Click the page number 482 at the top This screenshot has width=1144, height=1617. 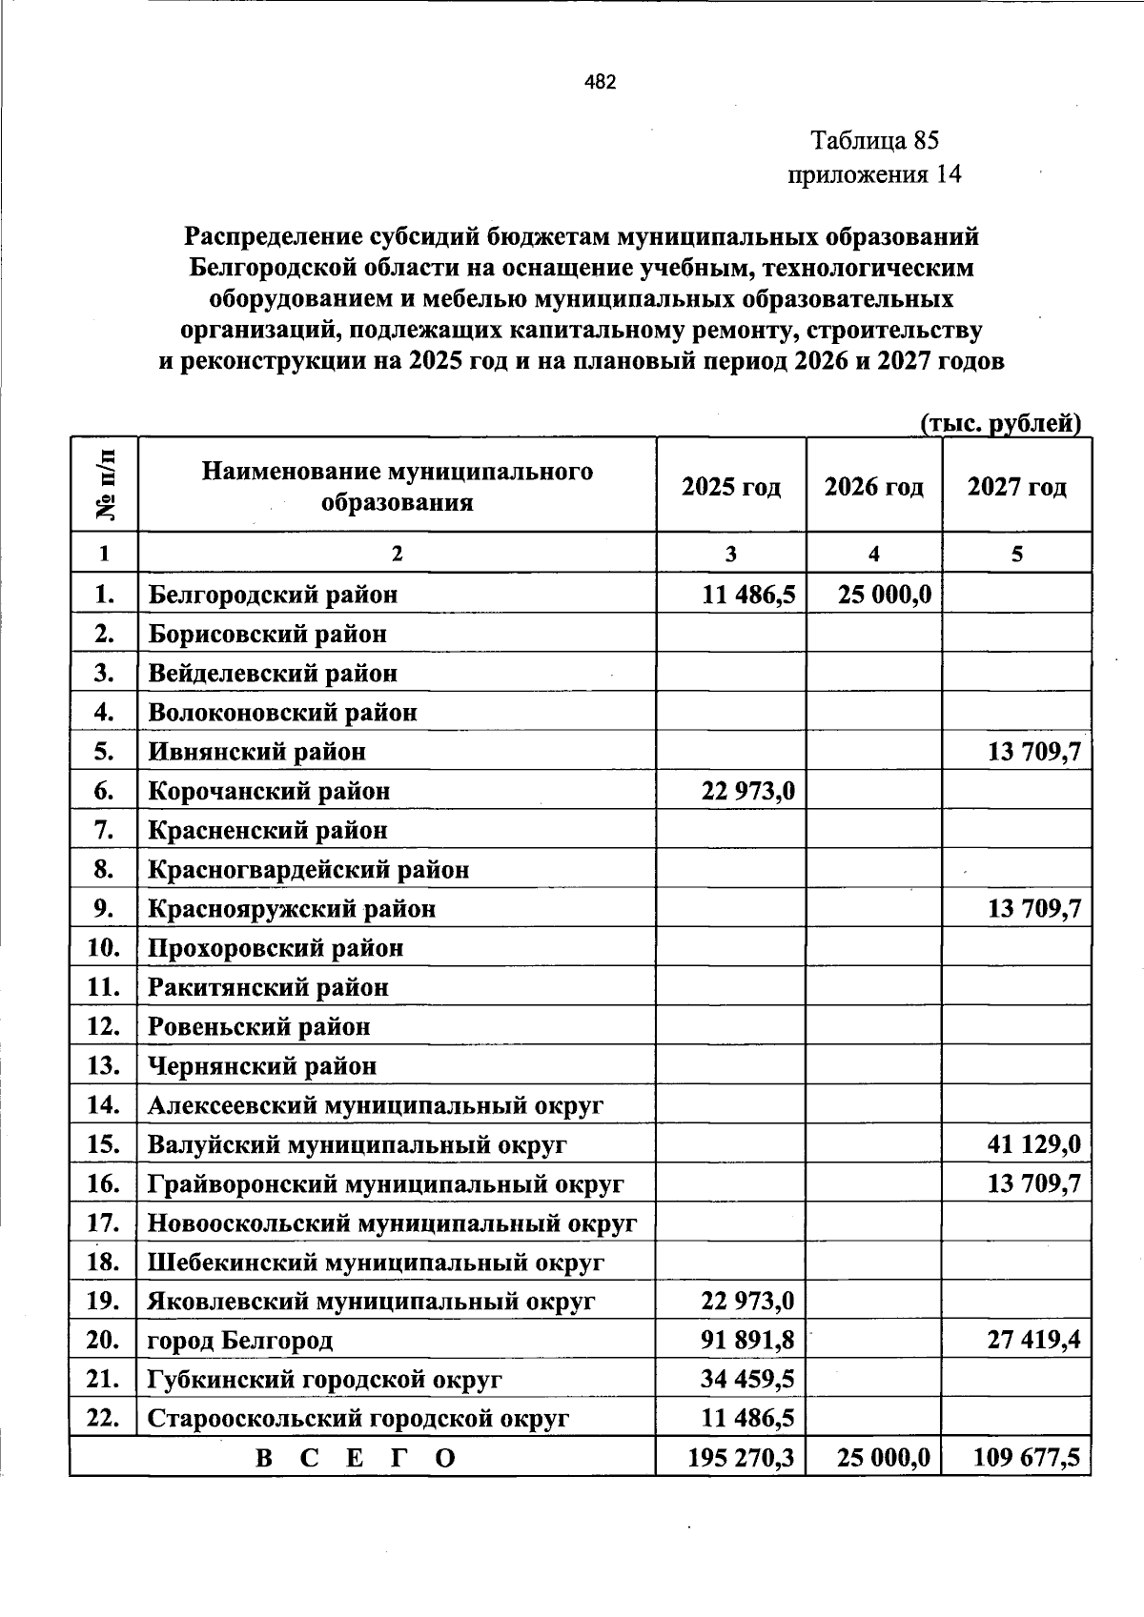(601, 82)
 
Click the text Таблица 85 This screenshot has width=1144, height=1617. (874, 141)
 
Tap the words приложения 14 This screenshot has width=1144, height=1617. (873, 174)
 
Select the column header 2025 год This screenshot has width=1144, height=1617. (731, 487)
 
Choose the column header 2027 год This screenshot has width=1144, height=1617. (1016, 487)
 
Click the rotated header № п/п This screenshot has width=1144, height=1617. (105, 485)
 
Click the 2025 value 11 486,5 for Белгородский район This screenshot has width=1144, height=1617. (748, 595)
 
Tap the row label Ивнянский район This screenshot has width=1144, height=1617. (256, 752)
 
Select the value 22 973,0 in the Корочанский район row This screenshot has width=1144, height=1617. (748, 791)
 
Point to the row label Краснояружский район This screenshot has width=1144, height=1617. (292, 909)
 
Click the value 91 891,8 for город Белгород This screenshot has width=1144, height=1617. (748, 1341)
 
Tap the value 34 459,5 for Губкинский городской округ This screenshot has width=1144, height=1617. (748, 1380)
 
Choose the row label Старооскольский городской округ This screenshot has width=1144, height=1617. (358, 1419)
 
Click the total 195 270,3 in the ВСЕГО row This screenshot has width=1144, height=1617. (742, 1458)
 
